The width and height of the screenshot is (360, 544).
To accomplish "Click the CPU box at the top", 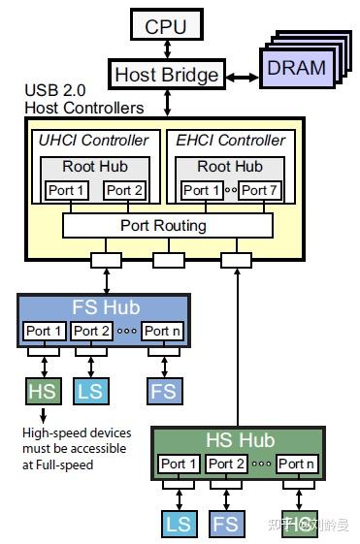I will [165, 26].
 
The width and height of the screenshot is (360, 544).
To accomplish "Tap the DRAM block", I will [296, 68].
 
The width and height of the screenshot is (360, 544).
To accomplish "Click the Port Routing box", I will [163, 225].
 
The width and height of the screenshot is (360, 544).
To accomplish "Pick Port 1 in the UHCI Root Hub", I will [67, 190].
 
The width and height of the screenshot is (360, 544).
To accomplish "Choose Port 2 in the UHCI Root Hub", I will [123, 190].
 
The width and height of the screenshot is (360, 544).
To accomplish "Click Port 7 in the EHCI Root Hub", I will [259, 190].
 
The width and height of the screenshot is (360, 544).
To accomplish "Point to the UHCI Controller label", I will [94, 141].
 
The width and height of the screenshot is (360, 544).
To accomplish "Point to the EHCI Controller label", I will [231, 141].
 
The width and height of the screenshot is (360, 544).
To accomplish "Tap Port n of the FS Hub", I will [161, 332].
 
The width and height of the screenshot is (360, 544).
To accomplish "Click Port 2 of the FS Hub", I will [92, 332].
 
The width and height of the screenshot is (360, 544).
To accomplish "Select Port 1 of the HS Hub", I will [180, 464].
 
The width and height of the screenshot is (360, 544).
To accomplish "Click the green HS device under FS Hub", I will [42, 391].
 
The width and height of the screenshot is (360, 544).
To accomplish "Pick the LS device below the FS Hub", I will [89, 391].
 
